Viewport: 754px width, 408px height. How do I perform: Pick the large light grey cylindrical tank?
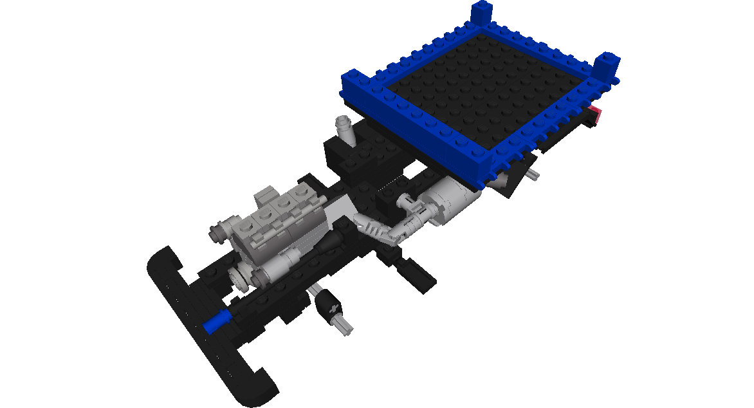[453, 199]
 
